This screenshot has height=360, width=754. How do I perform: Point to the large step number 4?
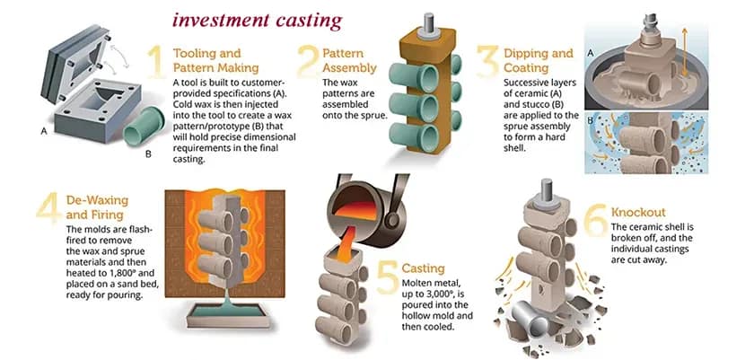point(46,207)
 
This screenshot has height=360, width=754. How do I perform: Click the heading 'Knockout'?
point(637,212)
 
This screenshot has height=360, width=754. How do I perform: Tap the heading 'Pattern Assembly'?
point(343,60)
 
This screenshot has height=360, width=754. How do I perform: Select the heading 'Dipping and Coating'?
point(539,60)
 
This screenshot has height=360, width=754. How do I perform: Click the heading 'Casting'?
point(423,268)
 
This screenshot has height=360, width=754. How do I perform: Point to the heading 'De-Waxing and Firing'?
point(97,206)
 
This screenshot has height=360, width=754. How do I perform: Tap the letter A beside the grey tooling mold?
point(44,129)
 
